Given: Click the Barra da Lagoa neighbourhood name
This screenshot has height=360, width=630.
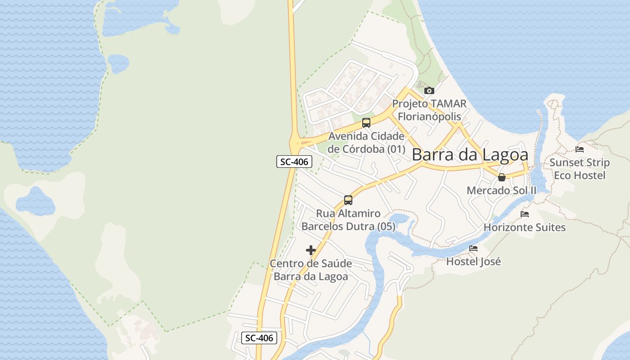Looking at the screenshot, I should (470, 155).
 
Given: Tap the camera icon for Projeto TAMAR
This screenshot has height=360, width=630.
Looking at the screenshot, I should (429, 90).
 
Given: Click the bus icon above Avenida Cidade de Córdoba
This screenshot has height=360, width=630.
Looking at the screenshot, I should (366, 122).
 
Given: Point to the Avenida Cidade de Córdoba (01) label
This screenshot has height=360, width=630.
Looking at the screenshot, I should (366, 142).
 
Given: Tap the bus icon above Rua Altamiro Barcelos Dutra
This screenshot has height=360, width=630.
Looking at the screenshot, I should (348, 200).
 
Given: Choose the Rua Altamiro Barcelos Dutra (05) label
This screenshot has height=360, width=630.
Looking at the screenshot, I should (348, 220).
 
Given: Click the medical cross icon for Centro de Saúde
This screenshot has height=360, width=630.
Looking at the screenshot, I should (311, 250).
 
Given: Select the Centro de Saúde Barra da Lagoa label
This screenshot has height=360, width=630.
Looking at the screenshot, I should (311, 270).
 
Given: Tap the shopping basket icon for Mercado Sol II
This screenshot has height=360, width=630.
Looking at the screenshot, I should (502, 177).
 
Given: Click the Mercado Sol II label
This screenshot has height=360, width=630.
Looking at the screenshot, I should (501, 190).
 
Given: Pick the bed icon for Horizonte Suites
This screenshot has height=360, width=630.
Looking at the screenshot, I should (525, 214).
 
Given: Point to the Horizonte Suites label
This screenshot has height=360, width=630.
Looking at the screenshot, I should (525, 227).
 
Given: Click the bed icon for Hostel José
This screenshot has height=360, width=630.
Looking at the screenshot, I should (473, 248).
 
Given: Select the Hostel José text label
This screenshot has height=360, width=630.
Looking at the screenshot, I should (473, 261).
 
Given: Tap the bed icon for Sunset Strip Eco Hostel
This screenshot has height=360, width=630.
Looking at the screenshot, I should (580, 149).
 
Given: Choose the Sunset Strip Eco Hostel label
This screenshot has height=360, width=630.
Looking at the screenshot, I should (580, 169).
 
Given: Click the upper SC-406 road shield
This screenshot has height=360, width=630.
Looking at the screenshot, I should (294, 162).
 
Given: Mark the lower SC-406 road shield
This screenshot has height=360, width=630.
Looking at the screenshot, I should (259, 338).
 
